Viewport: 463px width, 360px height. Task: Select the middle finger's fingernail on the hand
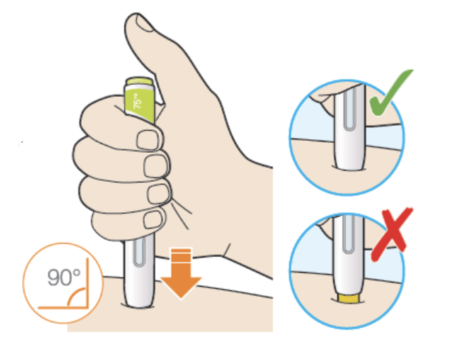coord(154,168)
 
